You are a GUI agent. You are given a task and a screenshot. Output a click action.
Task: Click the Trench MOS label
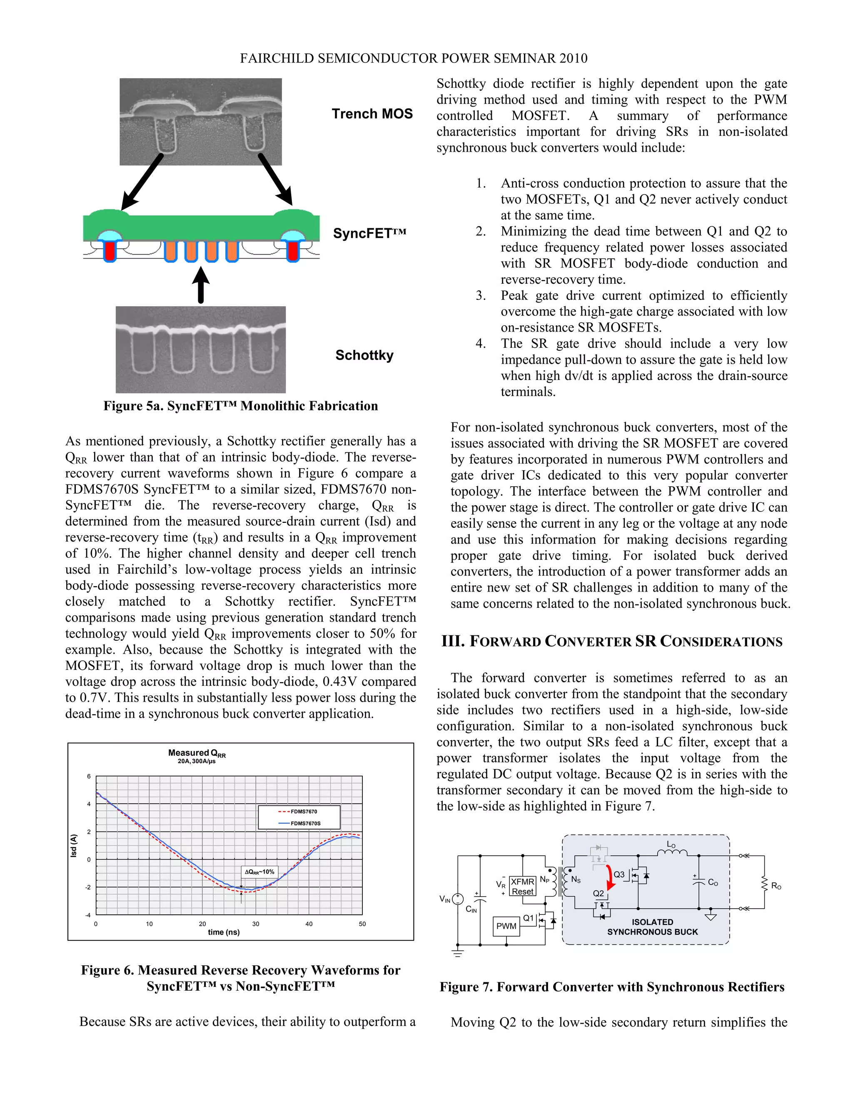pos(372,114)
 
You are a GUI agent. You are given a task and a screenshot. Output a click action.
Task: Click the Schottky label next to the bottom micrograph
pos(364,355)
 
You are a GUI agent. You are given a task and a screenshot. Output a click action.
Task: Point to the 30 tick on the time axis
pos(256,924)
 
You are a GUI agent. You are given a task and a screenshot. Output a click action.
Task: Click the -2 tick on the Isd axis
pos(88,887)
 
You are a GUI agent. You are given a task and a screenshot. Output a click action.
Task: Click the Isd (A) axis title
pos(74,845)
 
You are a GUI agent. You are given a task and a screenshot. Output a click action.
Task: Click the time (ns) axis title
pos(223,932)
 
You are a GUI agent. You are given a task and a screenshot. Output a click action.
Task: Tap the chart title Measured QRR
pos(197,753)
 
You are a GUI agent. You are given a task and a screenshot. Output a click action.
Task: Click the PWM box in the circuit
pos(506,926)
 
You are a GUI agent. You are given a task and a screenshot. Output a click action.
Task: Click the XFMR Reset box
pos(522,887)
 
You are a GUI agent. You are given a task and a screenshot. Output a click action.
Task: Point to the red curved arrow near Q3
pos(611,877)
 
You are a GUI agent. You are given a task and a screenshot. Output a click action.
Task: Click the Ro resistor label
pos(776,886)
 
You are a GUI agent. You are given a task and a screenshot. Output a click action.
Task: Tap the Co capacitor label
pos(713,882)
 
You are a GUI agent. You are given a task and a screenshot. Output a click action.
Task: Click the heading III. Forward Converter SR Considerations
pos(611,642)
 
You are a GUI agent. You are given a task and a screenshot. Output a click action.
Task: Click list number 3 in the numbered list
pos(481,296)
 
